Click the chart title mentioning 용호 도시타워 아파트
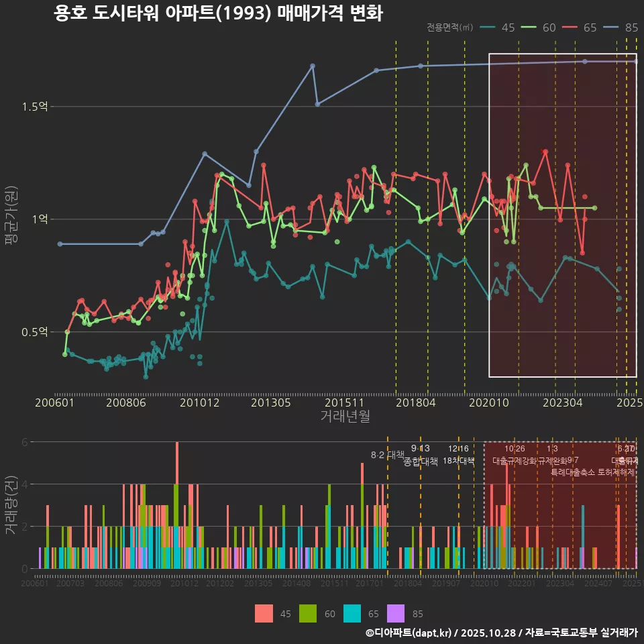click(218, 13)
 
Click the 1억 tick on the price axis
click(40, 219)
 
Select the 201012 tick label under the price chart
click(200, 403)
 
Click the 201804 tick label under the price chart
click(416, 403)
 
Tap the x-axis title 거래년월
click(345, 417)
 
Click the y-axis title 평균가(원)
click(11, 219)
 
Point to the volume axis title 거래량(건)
click(11, 505)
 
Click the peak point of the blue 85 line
click(313, 66)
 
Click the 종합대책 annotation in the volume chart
click(421, 461)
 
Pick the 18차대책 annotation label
click(459, 461)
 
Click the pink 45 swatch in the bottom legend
click(264, 613)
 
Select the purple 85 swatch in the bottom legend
click(396, 613)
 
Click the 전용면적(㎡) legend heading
click(449, 28)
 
